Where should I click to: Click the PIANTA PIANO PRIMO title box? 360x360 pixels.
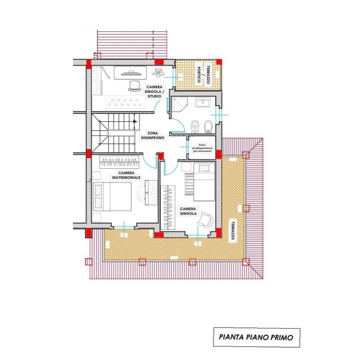click(256, 337)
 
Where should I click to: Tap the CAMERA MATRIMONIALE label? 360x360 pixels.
click(126, 175)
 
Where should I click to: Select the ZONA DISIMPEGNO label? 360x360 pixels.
click(153, 135)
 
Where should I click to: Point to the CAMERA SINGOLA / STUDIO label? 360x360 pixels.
click(154, 91)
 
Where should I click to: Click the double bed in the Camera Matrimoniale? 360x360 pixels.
click(112, 196)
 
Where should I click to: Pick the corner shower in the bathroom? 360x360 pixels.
click(180, 105)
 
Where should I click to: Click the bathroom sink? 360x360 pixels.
click(202, 102)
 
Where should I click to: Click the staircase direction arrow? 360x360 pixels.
click(135, 122)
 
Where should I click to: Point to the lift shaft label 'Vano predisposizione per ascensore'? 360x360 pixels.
click(202, 148)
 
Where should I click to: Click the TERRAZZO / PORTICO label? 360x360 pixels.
click(203, 75)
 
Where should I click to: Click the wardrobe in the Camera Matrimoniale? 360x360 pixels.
click(120, 162)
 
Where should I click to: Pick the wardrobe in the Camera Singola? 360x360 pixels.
click(168, 207)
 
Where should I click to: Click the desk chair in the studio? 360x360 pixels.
click(135, 86)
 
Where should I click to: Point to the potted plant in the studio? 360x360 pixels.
click(158, 73)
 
